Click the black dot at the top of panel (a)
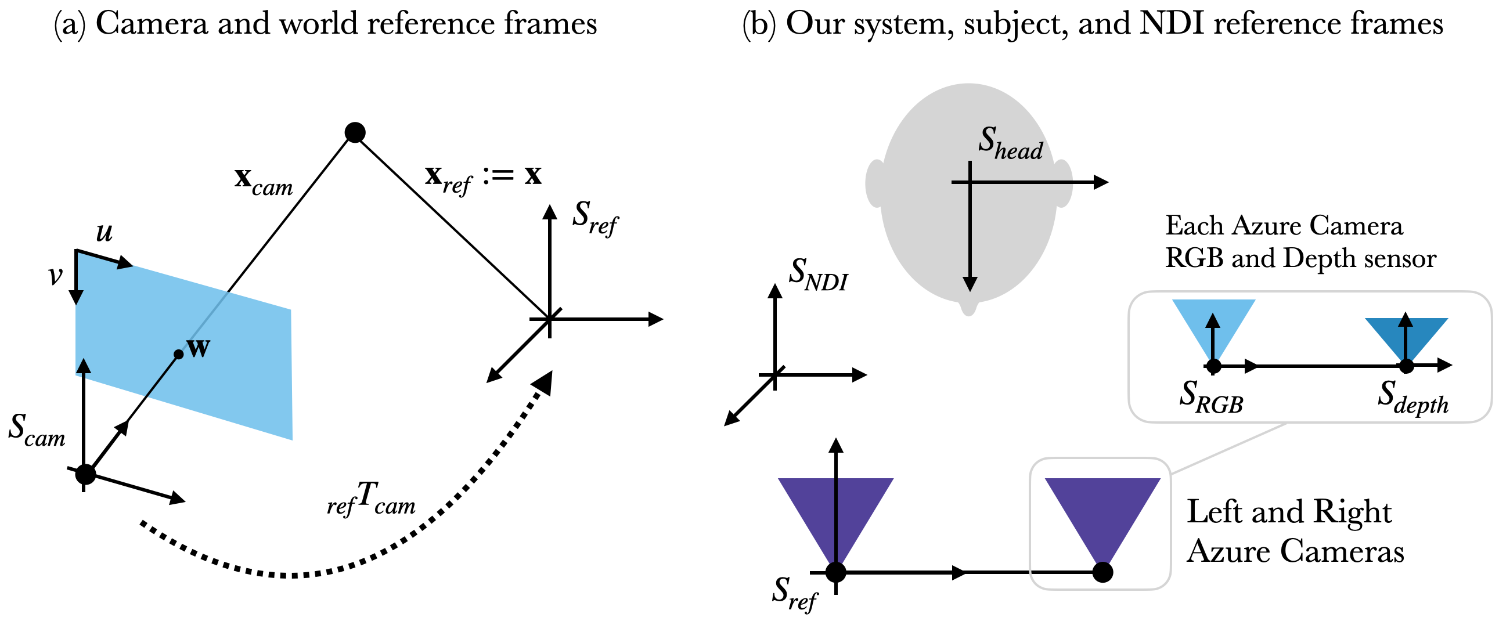point(355,132)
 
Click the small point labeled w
point(179,354)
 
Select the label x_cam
point(264,181)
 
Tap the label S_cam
point(37,429)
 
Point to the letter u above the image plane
point(104,232)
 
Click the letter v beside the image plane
point(55,275)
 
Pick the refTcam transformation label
point(371,499)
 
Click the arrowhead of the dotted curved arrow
point(543,382)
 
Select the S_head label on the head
point(1011,142)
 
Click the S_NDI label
point(818,274)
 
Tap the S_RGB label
point(1211,396)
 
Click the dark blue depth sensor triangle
point(1406,337)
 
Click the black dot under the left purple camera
point(835,572)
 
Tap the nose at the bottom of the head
point(968,307)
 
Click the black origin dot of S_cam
point(85,474)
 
